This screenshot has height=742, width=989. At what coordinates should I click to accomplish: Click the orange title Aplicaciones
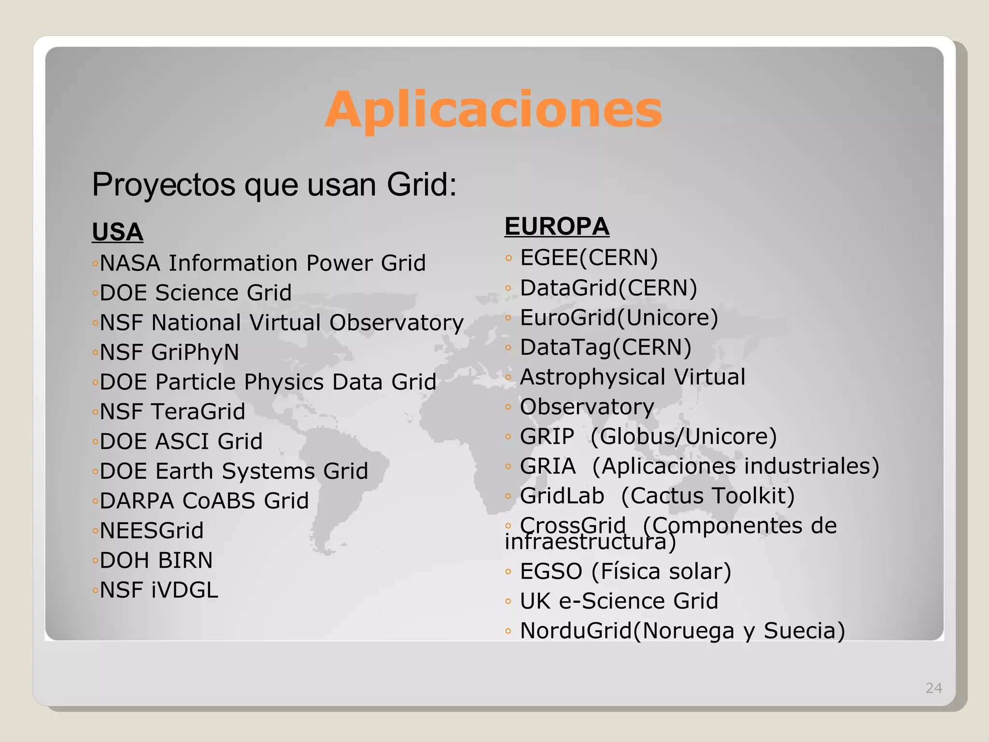(x=493, y=110)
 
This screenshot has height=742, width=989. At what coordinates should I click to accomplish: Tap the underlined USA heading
(x=117, y=232)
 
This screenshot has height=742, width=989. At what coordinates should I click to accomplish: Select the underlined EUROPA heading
(x=557, y=226)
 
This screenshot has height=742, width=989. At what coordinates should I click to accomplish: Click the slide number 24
(x=933, y=688)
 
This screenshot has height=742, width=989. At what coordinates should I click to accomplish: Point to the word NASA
(x=130, y=263)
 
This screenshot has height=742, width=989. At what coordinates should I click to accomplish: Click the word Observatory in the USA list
(x=396, y=323)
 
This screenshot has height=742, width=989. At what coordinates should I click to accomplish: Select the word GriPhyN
(x=195, y=352)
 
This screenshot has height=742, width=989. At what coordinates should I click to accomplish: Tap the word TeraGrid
(x=198, y=412)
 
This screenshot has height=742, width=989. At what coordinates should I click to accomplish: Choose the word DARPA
(x=137, y=501)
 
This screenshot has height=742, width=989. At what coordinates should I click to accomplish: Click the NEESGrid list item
(x=152, y=530)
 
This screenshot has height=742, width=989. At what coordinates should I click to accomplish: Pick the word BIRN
(x=185, y=560)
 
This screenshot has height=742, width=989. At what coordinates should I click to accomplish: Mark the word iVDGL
(x=185, y=590)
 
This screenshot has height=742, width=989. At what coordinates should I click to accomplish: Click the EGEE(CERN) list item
(x=589, y=257)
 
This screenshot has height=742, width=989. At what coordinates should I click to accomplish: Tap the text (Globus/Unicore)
(x=683, y=436)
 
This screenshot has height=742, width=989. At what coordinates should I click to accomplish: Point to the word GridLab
(x=562, y=496)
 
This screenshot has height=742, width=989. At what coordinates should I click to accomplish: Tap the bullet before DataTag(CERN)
(x=508, y=347)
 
